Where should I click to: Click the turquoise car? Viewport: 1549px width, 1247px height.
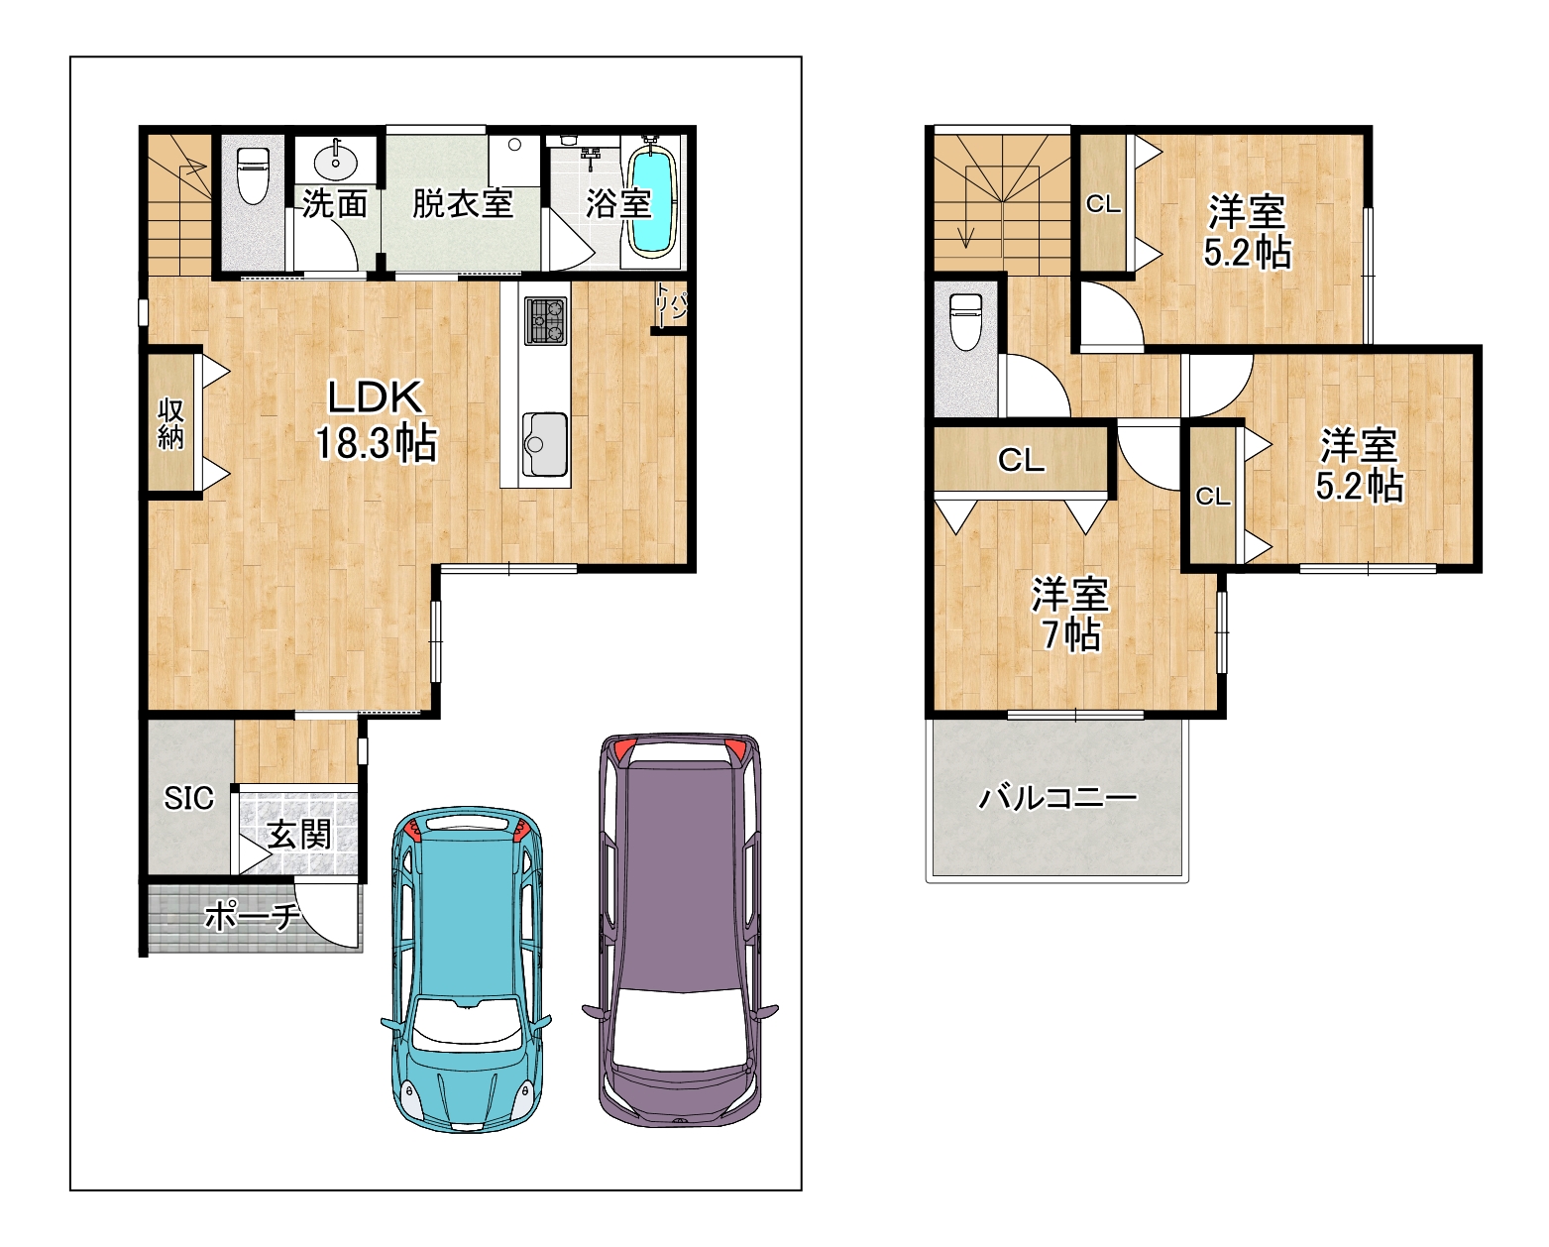click(x=467, y=969)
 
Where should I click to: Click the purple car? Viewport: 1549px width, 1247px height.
click(x=681, y=930)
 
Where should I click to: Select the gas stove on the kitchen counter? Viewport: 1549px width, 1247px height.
click(x=546, y=321)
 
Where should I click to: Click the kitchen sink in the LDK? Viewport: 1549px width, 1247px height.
click(x=544, y=443)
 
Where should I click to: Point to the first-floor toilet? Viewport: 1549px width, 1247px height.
click(x=252, y=175)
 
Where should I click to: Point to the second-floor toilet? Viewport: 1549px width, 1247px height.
click(x=966, y=321)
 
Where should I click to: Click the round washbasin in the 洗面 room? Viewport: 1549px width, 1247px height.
click(x=335, y=162)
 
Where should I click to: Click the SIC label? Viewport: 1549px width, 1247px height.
click(x=188, y=798)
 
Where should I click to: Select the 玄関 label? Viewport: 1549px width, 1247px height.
click(x=299, y=836)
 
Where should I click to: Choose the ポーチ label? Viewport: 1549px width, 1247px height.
click(x=251, y=917)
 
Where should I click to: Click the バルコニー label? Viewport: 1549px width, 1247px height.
click(x=1057, y=798)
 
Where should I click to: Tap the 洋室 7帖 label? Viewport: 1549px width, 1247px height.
click(x=1069, y=615)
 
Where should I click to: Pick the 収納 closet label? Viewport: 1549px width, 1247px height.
click(x=171, y=424)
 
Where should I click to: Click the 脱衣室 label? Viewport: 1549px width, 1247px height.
click(x=462, y=204)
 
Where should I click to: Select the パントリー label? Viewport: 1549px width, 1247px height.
click(x=669, y=305)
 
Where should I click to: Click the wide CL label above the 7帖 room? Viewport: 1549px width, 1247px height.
click(x=1021, y=460)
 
